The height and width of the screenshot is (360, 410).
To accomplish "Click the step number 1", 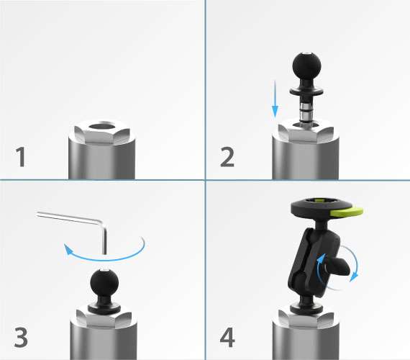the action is tap(21, 156).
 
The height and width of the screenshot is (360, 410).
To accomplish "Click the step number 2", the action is tap(227, 156).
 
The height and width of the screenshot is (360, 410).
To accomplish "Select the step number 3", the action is tap(21, 338).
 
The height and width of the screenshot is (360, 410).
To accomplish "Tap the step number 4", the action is tap(227, 338).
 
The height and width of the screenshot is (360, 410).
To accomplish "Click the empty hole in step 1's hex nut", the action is tap(102, 127).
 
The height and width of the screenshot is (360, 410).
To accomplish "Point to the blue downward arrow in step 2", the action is tap(275, 99).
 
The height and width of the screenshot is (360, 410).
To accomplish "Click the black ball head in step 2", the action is tap(306, 66).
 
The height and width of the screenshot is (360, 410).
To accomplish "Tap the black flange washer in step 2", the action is tap(306, 91).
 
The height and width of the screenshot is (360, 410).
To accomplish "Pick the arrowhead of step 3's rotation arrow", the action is tap(68, 249).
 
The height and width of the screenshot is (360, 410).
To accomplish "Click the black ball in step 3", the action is tap(104, 283).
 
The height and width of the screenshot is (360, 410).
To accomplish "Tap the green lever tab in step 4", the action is tap(347, 211).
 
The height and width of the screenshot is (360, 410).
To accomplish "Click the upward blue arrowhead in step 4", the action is tap(321, 258).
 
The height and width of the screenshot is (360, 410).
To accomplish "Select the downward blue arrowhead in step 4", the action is tap(355, 277).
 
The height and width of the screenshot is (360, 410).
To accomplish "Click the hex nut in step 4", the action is tap(306, 319).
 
